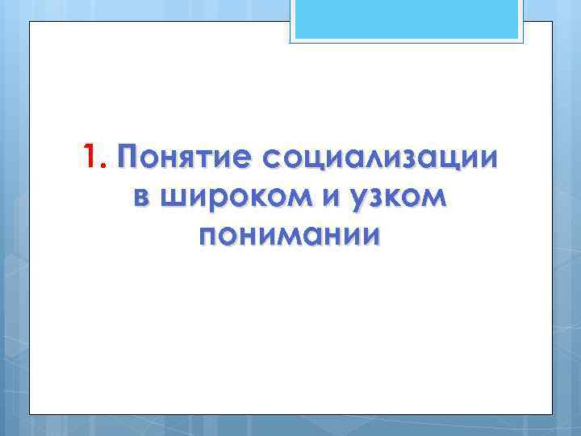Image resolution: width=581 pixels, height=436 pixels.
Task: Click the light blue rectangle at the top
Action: (x=407, y=20)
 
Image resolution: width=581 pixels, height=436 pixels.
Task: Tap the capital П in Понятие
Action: (x=127, y=156)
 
